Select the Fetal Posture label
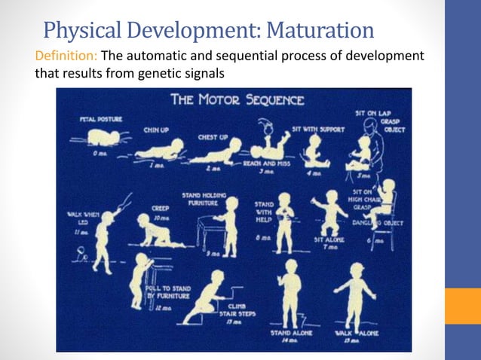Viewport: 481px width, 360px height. point(101,119)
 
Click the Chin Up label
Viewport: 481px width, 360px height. point(157,130)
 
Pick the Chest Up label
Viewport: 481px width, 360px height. point(213,138)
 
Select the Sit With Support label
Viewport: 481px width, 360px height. point(317,130)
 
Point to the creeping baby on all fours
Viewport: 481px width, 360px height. point(155,230)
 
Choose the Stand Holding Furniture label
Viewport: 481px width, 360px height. point(201,199)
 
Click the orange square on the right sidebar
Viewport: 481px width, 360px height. point(462,306)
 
